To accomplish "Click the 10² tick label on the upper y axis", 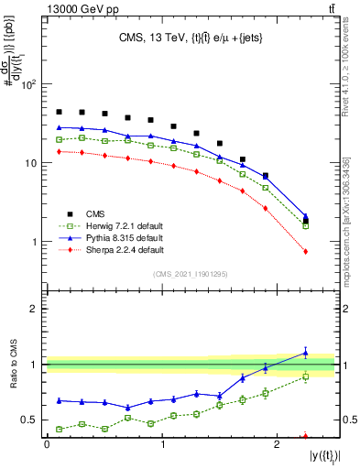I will (x=27, y=84).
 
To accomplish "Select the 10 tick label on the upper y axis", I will (x=29, y=163).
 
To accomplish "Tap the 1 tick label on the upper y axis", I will (x=34, y=242).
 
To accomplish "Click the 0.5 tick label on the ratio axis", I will (x=27, y=420).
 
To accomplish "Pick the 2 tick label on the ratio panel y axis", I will (x=34, y=309).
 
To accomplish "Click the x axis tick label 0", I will (x=47, y=446).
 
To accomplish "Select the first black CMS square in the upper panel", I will (x=59, y=112).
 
